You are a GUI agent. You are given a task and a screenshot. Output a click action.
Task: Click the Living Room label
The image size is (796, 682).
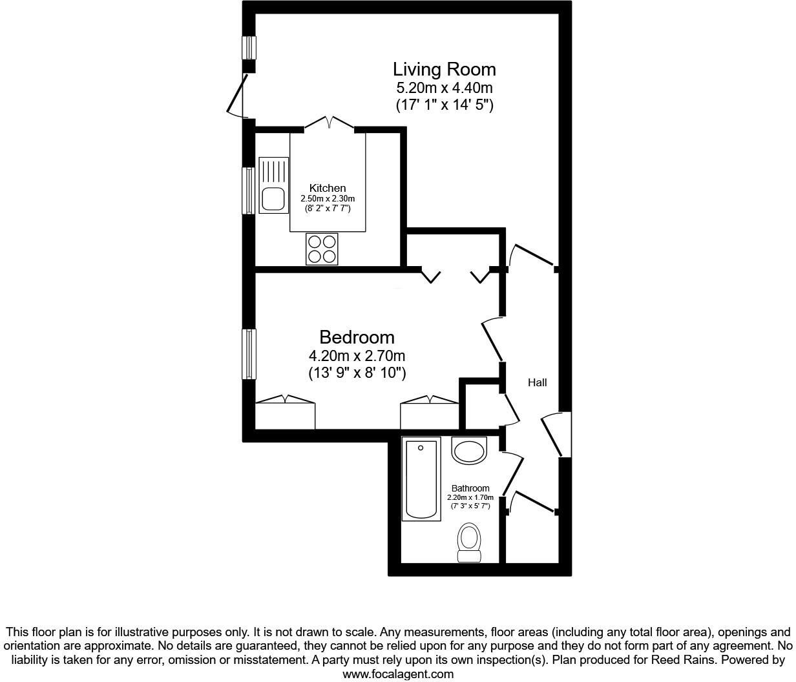click(445, 69)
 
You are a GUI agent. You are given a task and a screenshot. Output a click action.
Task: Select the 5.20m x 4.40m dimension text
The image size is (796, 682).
click(445, 88)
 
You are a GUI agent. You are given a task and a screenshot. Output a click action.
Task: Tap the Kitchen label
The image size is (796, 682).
click(327, 189)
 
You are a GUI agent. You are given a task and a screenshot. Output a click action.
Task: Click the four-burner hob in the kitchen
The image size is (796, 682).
click(322, 249)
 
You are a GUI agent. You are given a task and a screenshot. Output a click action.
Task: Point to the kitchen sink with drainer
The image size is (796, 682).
click(272, 185)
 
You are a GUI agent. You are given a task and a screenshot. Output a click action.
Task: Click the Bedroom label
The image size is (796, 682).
click(357, 337)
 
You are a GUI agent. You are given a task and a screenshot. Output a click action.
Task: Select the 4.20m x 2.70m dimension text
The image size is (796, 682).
click(357, 356)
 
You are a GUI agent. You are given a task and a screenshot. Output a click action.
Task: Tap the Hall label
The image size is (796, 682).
click(537, 382)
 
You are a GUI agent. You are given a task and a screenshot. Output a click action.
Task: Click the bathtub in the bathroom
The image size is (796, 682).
click(421, 479)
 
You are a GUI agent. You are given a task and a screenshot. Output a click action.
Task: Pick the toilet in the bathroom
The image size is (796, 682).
click(469, 542)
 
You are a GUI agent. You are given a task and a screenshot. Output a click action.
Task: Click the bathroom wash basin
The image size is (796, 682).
click(469, 450)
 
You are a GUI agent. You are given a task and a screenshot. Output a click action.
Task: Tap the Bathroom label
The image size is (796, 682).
click(470, 488)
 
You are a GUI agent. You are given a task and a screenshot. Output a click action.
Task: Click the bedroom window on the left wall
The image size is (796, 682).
click(249, 354)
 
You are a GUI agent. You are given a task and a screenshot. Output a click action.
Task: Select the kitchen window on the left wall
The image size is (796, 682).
click(249, 191)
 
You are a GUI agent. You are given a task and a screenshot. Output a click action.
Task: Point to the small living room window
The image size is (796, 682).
click(249, 47)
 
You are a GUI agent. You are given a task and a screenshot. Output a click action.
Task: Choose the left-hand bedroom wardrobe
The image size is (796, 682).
click(285, 413)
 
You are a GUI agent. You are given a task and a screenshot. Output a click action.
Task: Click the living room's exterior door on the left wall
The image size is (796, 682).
click(238, 96)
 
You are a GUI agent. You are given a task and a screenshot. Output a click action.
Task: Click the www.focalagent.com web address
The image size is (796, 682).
click(397, 674)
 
